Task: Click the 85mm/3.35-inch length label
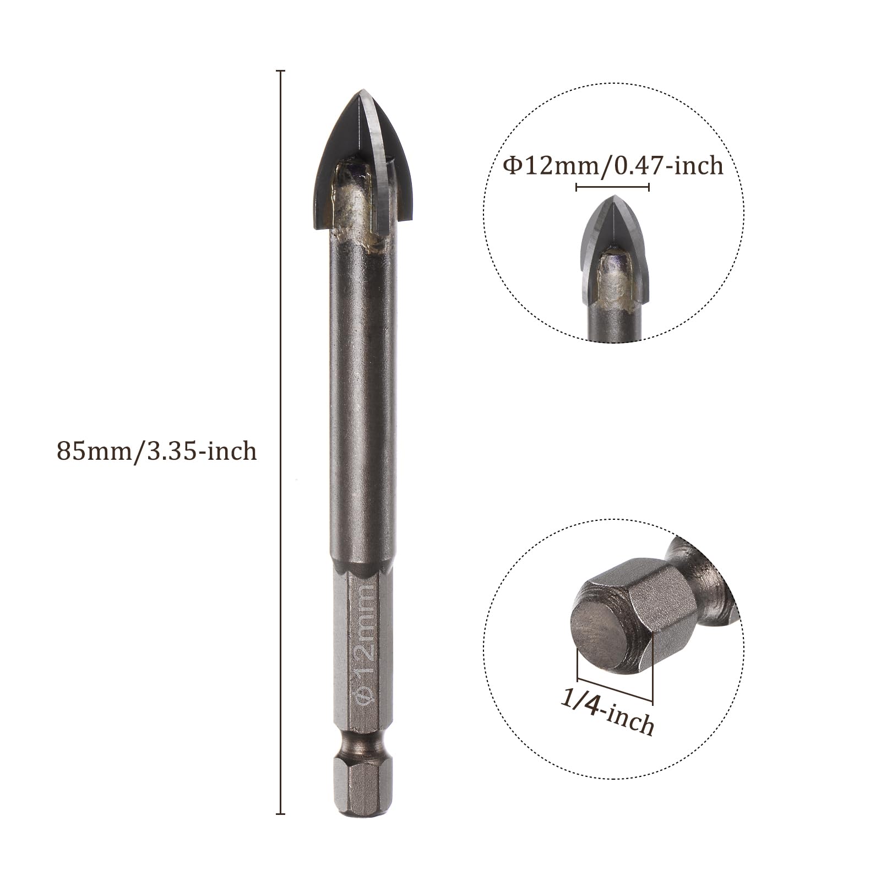point(157,451)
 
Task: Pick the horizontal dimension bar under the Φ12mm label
point(612,187)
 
